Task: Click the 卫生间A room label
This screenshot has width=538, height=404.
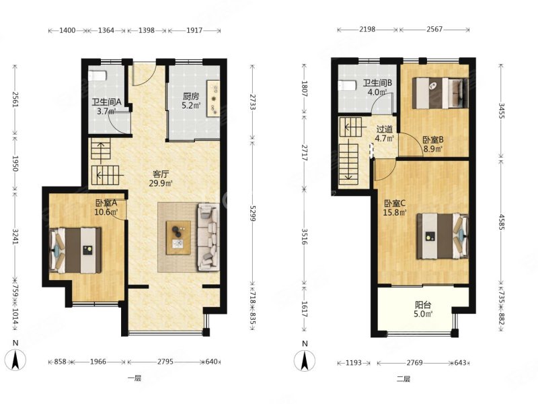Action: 107,102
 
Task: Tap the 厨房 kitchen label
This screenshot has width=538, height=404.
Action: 191,96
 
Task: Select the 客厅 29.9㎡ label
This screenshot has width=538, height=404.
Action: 160,178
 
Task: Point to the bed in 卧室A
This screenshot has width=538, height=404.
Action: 76,250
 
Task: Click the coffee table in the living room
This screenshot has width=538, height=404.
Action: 178,238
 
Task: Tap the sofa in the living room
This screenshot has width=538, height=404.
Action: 208,236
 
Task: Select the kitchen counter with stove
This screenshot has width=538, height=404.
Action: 213,98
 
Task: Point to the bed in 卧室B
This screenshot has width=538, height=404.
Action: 440,93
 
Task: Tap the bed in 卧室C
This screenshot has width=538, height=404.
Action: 443,236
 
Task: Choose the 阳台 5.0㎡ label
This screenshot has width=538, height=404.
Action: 424,309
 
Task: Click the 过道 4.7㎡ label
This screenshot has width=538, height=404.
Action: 384,134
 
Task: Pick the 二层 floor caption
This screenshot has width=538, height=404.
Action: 403,379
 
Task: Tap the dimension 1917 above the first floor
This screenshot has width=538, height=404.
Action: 194,30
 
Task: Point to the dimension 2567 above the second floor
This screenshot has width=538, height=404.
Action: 434,30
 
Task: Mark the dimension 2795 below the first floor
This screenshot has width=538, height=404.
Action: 165,362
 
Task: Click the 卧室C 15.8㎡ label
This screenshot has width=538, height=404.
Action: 395,207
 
